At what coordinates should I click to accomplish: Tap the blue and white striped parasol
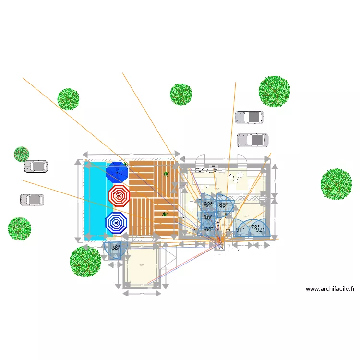pos(116,223)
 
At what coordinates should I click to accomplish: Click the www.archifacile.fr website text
pos(330,289)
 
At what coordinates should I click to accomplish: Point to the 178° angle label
pos(253,228)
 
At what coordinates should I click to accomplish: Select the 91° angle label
pos(240,230)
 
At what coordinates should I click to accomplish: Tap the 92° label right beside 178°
pos(260,230)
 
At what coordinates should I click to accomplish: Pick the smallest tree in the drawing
pos(21,154)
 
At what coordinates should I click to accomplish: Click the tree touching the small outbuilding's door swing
pos(85,262)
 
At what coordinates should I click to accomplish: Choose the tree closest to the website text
pos(336,184)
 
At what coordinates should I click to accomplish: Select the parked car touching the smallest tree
pos(36,167)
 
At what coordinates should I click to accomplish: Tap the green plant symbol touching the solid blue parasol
pos(125,164)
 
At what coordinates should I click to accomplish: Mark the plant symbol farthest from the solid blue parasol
pos(164,215)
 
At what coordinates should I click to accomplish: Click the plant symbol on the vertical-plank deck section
pos(166,174)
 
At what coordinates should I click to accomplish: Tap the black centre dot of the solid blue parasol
pos(117,172)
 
